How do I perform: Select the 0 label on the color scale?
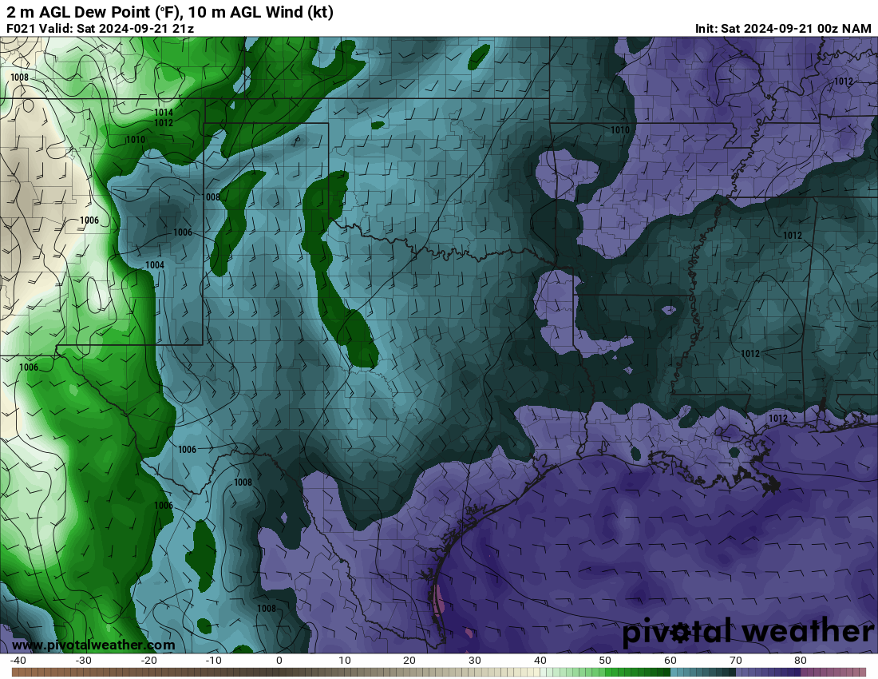coord(279,661)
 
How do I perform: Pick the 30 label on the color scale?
coord(475,661)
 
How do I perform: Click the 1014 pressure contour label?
coord(164,113)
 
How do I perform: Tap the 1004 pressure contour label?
coord(155,265)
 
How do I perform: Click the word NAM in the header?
coord(857,29)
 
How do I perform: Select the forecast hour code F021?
coord(22,29)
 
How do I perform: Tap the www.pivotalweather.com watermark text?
coord(93,645)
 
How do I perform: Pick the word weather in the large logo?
coord(806,632)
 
